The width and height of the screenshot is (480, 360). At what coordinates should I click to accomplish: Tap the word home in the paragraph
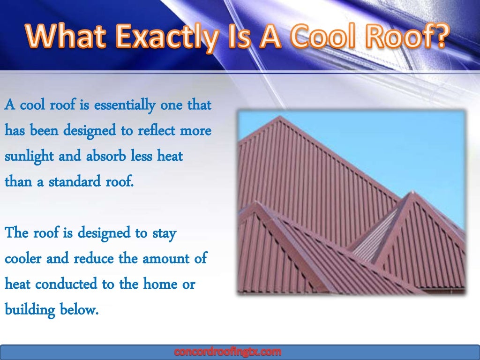[x=159, y=284]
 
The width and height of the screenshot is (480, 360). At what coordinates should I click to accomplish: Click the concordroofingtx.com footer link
[x=228, y=352]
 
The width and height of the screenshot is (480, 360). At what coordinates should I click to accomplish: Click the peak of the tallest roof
[x=280, y=117]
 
